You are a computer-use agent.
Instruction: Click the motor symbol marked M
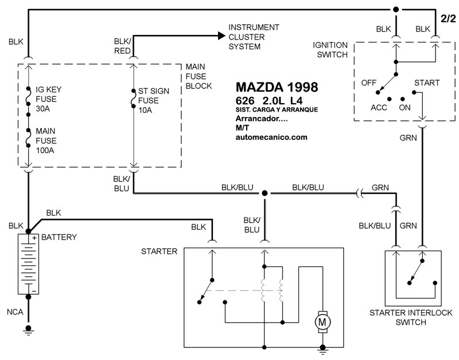tap(322, 323)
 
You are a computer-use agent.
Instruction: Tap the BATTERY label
tap(60, 237)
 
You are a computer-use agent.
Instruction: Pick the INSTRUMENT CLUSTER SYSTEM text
tap(254, 37)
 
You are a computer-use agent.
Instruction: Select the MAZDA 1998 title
tap(277, 88)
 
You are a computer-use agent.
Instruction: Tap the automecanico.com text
tap(272, 138)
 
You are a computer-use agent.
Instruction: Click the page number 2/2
tap(448, 19)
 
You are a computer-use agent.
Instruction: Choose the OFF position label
tap(368, 83)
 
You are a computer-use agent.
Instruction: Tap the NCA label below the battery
tap(15, 312)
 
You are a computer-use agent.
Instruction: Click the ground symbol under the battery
tap(27, 330)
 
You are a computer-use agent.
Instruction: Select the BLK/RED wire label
tap(123, 45)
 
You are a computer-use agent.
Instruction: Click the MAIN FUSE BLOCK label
tap(198, 76)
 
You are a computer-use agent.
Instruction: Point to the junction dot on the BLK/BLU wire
tap(264, 193)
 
